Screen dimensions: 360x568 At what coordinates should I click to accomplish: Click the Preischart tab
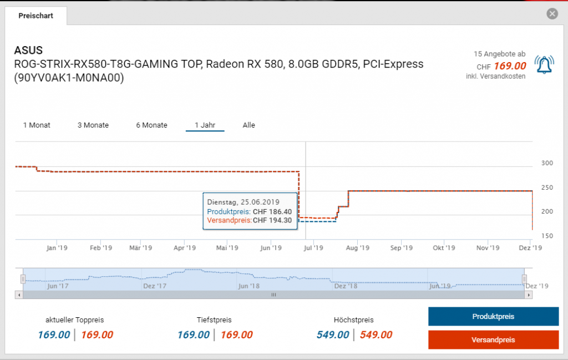[36, 16]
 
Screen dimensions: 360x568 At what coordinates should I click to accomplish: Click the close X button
[552, 14]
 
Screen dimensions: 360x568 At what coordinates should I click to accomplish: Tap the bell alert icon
[544, 64]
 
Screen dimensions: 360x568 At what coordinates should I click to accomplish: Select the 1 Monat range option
[37, 125]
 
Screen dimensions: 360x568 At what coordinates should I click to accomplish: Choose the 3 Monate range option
[93, 125]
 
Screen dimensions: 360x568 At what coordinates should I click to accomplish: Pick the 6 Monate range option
[151, 125]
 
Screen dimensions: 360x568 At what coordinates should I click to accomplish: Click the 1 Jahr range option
[205, 125]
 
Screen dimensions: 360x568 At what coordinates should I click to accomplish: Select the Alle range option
[249, 125]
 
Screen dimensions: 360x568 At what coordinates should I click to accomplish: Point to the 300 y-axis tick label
[547, 163]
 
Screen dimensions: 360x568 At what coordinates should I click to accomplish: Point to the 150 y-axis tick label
[547, 236]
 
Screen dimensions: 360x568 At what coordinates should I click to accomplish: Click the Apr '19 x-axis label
[185, 248]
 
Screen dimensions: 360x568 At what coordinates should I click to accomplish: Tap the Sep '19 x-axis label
[401, 248]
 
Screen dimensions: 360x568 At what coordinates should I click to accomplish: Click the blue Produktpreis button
[493, 316]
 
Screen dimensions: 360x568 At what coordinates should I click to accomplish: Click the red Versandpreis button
[493, 339]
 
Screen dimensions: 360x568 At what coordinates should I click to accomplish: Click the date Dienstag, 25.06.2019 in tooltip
[243, 202]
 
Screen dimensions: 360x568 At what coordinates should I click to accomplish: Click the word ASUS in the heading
[28, 51]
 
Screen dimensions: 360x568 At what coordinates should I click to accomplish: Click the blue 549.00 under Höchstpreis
[333, 335]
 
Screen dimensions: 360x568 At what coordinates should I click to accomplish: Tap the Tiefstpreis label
[214, 320]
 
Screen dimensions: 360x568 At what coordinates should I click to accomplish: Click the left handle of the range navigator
[23, 278]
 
